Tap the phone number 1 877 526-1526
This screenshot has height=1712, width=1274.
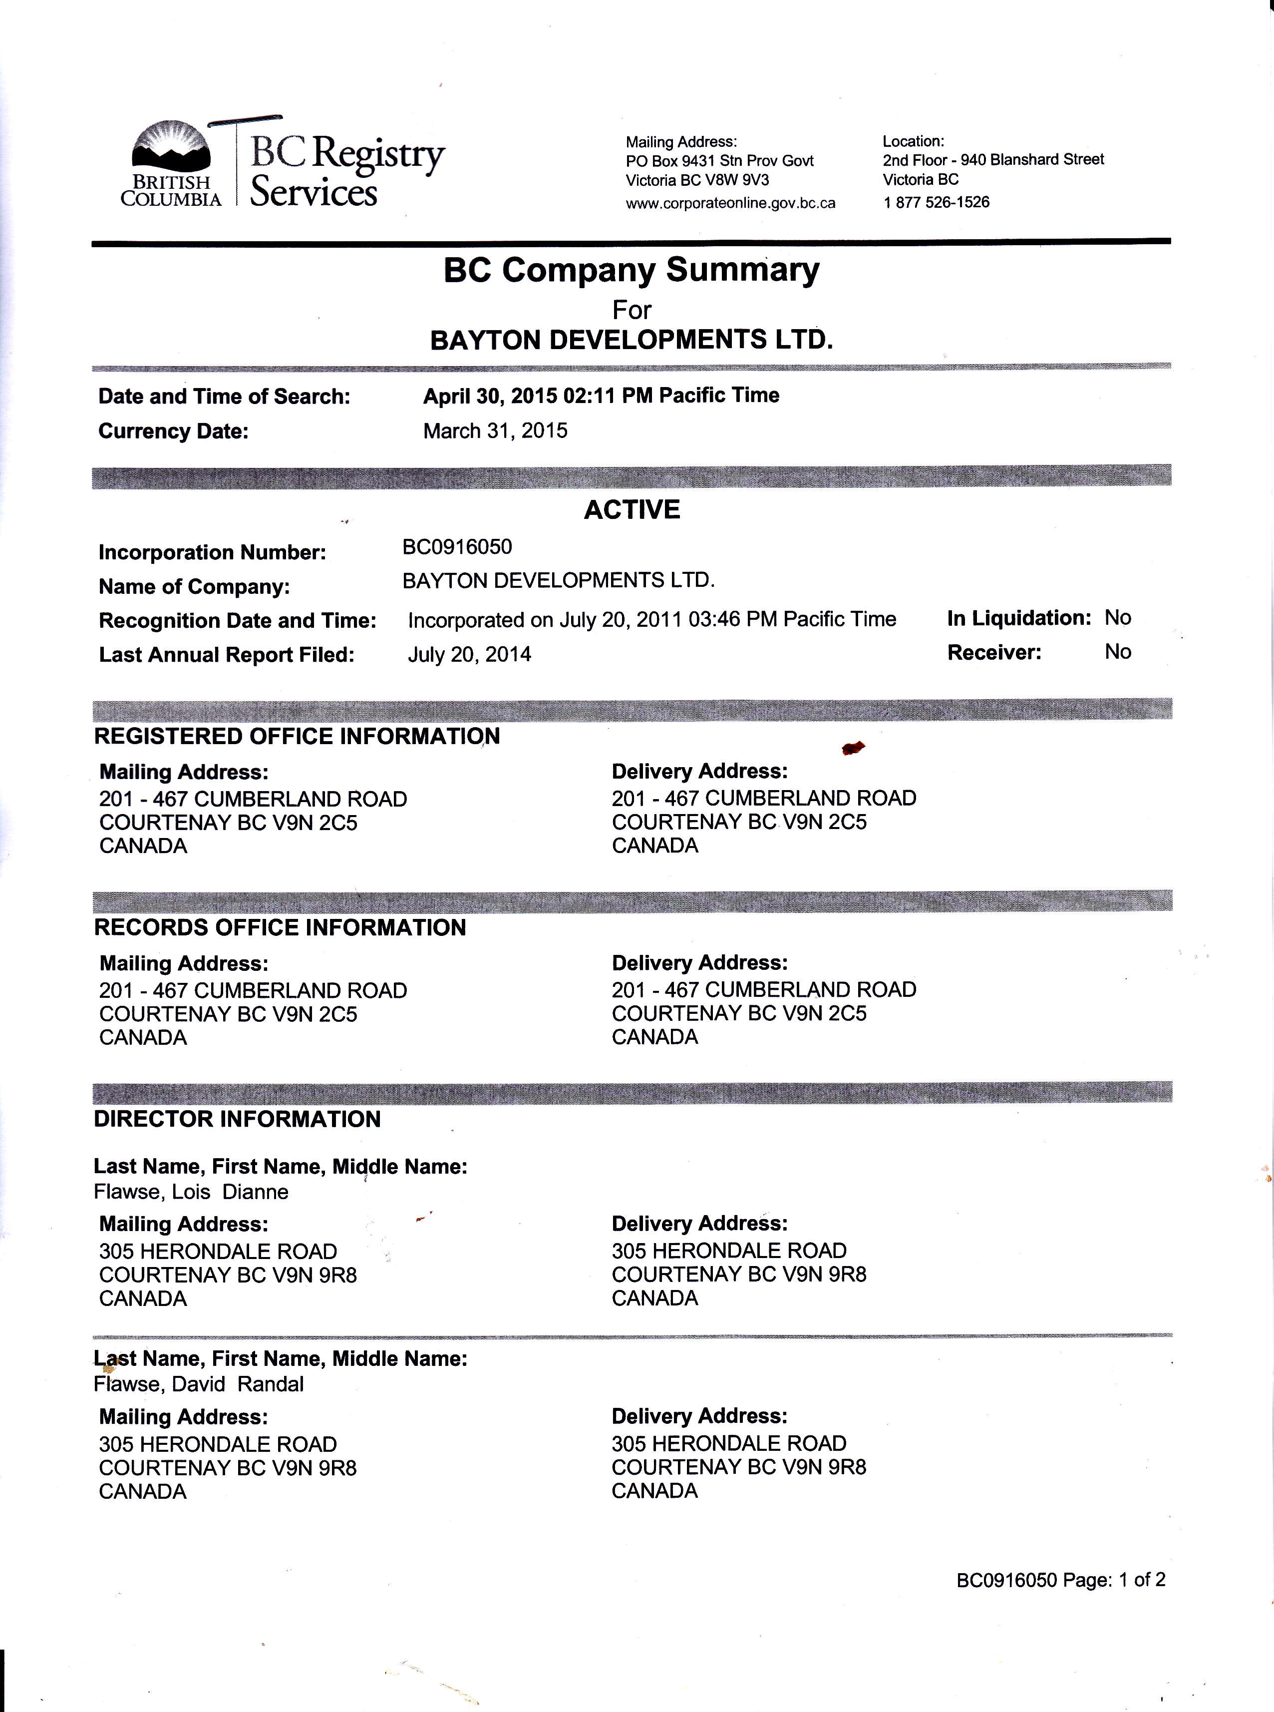[x=936, y=202]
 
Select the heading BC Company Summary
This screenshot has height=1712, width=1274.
[x=631, y=271]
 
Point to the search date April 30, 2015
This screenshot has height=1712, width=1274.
[x=490, y=396]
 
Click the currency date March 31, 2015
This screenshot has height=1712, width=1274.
[x=495, y=430]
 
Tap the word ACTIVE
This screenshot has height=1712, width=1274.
[x=632, y=510]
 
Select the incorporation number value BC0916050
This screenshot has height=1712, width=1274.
[x=457, y=547]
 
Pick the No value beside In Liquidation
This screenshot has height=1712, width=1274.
[x=1117, y=617]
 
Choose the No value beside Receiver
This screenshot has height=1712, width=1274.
[x=1117, y=652]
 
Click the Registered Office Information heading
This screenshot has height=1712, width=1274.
[x=297, y=736]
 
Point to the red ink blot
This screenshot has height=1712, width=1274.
[x=853, y=747]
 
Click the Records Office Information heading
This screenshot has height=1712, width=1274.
[x=280, y=927]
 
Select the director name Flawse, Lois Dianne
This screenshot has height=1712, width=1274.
[x=191, y=1192]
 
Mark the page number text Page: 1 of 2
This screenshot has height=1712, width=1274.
[x=1114, y=1580]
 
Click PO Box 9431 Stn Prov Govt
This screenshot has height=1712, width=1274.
[x=719, y=160]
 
